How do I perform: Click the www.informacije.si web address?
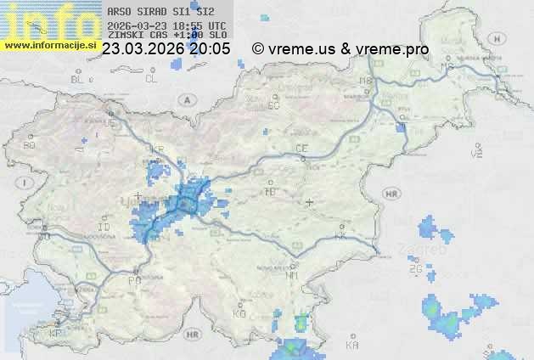tap(48, 44)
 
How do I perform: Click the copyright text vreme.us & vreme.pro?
tap(340, 49)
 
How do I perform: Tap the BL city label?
tap(78, 79)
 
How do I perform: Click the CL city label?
tap(151, 79)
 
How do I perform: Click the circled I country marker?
tap(26, 183)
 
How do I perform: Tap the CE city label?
tap(301, 149)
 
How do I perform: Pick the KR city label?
tap(157, 149)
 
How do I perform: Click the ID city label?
tap(104, 228)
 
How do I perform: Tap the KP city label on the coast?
tap(56, 334)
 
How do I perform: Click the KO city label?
tap(239, 313)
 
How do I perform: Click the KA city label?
tap(352, 345)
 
